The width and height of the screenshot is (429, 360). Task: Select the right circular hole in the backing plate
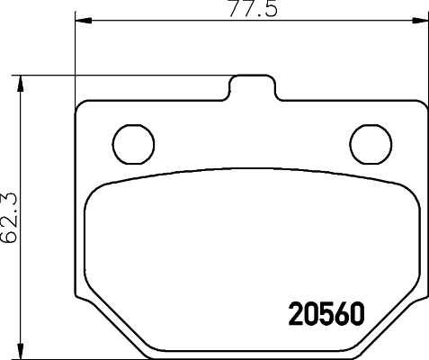[x=367, y=140]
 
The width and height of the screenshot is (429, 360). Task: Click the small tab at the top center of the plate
[x=251, y=88]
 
